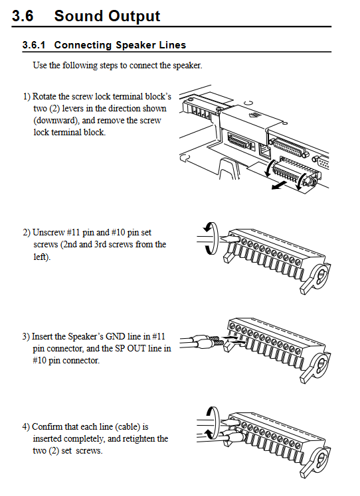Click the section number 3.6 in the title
(x=23, y=16)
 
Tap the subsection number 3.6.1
(x=34, y=45)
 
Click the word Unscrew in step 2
(x=48, y=232)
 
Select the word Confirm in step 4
(x=47, y=426)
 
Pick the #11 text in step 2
(x=74, y=232)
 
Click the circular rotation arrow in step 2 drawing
(x=211, y=238)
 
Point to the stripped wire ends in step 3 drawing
(x=215, y=341)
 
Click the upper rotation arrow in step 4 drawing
(x=213, y=415)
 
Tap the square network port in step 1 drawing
(x=265, y=151)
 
